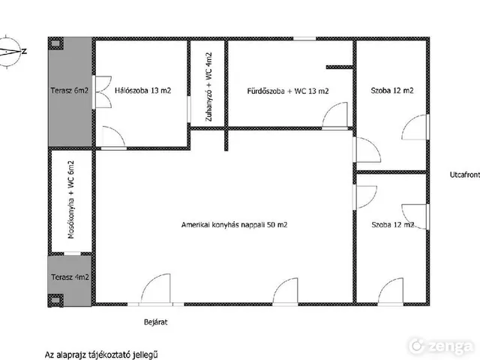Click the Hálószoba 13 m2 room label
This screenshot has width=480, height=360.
point(142,91)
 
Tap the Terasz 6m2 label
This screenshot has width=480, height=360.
point(70,91)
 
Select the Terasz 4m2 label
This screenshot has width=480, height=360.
point(70,277)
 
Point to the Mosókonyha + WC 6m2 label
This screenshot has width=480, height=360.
point(71,199)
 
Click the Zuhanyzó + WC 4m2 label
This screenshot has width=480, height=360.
point(208,87)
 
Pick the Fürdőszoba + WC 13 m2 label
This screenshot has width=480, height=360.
point(288,91)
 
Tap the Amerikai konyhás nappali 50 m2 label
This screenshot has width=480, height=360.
point(234,225)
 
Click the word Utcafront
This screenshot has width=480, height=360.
point(465,175)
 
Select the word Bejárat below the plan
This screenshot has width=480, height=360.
point(155,322)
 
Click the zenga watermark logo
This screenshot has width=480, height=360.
point(442,346)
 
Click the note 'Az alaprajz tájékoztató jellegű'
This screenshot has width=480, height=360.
point(101,355)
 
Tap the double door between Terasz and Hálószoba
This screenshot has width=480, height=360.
point(101,91)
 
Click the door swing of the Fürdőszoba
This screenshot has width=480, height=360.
point(335,115)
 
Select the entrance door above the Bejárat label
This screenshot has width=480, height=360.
point(155,289)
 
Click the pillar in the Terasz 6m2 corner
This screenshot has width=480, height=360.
point(55,43)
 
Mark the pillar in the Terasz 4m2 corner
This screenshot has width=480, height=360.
point(55,300)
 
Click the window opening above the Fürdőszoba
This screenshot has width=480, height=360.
point(304,38)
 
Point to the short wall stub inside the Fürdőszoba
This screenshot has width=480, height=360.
point(340,67)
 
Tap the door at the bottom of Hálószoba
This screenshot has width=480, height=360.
point(113,137)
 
